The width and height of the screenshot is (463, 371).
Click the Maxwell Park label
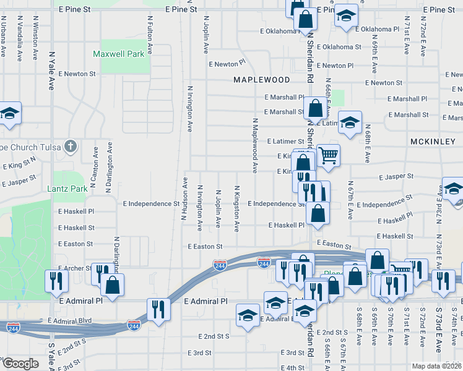click(118, 54)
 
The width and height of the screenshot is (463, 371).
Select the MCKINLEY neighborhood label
click(433, 142)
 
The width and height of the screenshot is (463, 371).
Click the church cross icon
click(71, 147)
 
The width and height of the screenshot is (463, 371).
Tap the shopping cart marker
click(328, 155)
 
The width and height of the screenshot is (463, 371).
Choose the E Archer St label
click(75, 268)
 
